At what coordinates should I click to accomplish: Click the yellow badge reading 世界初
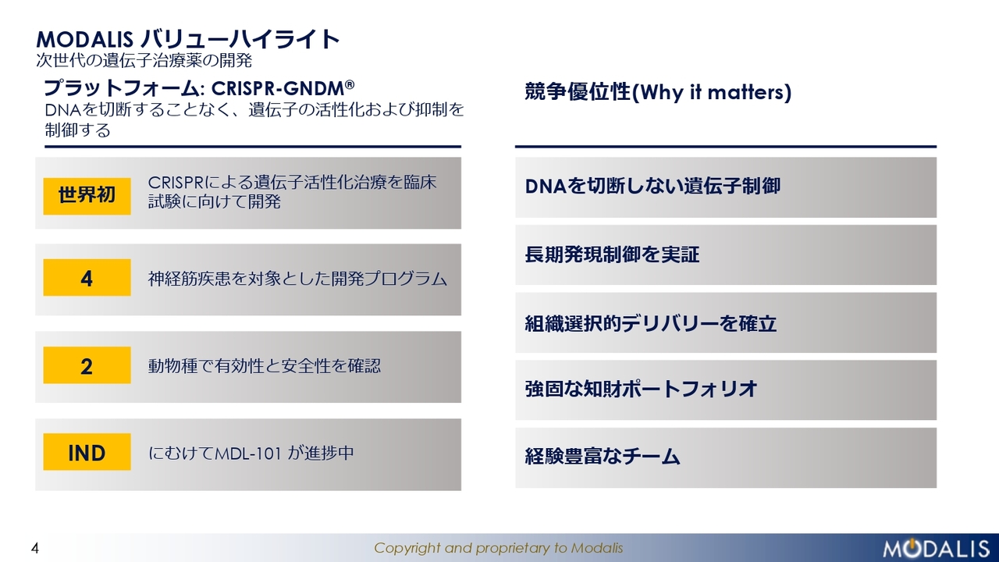(87, 196)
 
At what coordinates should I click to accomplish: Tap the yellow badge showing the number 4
(87, 277)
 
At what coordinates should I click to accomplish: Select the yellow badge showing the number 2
(87, 365)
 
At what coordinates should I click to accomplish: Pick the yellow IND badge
(87, 452)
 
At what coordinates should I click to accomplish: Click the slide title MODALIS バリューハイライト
(188, 39)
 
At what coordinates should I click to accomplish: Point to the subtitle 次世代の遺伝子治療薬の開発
(144, 60)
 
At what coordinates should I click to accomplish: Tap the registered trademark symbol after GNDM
(350, 84)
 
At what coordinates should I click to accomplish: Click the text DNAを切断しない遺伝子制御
(652, 186)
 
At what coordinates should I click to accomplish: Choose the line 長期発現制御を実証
(612, 254)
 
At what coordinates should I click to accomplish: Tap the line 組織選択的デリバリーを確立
(651, 323)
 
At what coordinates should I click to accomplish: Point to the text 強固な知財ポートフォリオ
(641, 389)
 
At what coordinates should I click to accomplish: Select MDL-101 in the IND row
(248, 454)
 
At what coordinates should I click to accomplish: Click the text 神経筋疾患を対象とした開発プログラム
(297, 279)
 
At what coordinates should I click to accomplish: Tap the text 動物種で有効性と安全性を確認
(265, 366)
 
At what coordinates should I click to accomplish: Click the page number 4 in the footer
(35, 548)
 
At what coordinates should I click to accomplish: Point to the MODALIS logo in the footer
(936, 548)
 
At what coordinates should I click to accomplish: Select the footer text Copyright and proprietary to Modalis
(498, 548)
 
